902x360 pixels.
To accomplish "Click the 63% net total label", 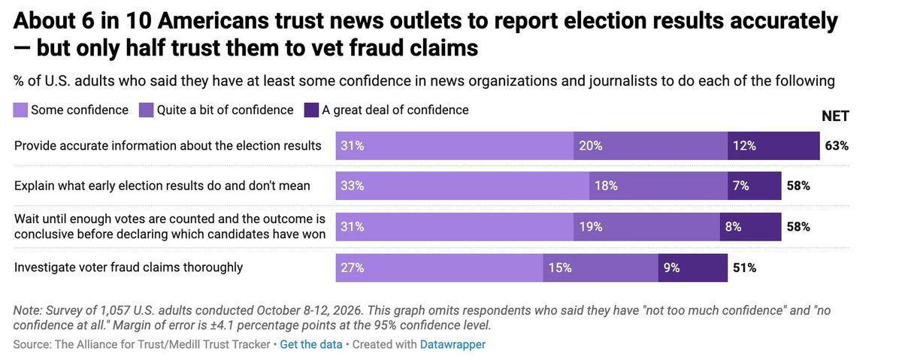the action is point(837,146).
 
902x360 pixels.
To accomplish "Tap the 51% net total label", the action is point(744,268).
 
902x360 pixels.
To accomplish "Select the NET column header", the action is point(835,116).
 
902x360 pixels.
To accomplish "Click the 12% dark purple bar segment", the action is point(773,146).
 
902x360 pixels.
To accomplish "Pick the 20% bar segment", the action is point(651,146).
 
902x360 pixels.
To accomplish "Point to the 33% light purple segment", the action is point(463,186).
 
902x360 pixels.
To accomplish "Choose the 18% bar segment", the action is point(658,186).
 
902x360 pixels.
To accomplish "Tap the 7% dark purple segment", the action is point(755,186).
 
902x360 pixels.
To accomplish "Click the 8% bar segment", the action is point(751,227).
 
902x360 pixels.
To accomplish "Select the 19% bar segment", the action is point(646,227).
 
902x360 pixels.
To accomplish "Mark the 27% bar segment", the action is point(439,268).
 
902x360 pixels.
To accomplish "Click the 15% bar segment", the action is point(601,268).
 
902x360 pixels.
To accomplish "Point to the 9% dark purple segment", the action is point(693,268).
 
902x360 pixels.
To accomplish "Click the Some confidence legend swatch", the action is point(20,110).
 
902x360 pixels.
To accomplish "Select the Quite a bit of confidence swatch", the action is point(146,110).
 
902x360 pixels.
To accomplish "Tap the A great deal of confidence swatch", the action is point(311,110).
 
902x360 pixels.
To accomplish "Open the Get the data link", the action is point(311,345).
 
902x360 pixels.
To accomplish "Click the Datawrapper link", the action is point(453,345).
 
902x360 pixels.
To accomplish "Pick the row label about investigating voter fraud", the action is point(129,268).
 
